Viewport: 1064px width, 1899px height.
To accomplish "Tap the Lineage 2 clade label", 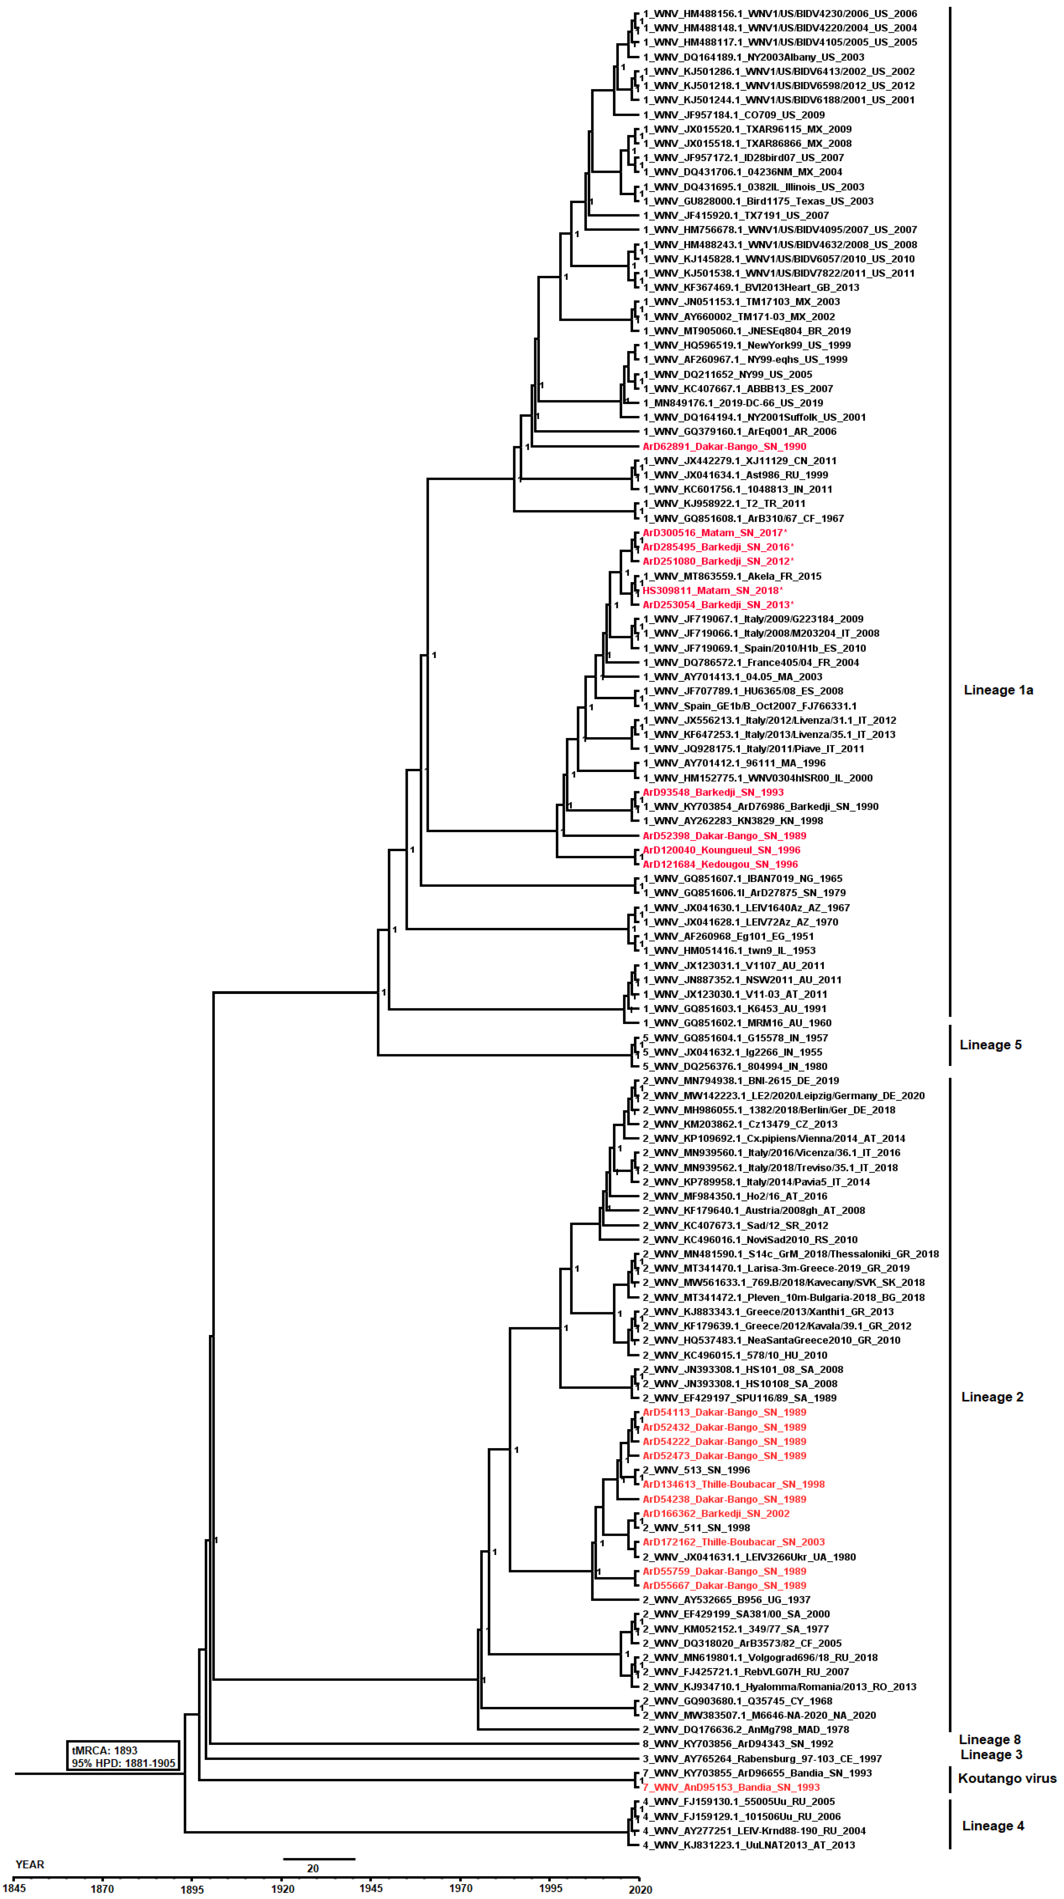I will click(992, 1397).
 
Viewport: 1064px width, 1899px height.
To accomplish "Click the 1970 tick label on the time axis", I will click(461, 1889).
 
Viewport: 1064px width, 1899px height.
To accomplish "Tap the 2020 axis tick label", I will click(639, 1889).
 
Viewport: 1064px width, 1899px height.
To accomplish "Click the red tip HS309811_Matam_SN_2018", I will click(712, 591).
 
